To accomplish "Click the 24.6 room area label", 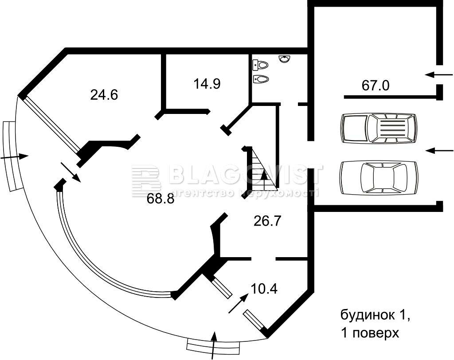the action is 104,95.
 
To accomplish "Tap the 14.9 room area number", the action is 207,84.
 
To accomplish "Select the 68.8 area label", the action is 160,199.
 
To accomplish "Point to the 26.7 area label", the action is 267,221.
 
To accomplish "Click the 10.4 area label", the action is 264,289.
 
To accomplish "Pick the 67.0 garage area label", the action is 376,86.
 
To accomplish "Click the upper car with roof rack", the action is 380,128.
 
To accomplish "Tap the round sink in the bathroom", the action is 285,59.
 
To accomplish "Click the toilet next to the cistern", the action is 261,65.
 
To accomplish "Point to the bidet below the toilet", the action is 261,78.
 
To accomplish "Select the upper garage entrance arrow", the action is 439,75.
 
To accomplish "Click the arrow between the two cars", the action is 439,150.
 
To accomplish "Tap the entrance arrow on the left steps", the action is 15,157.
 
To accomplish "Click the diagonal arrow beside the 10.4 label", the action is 239,303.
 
